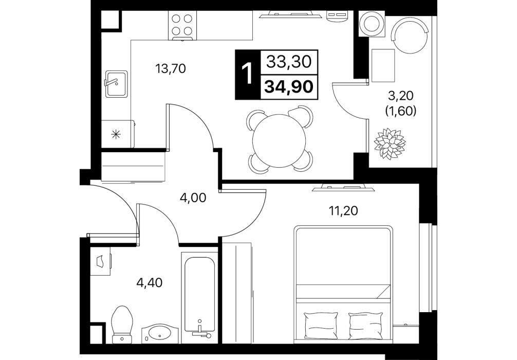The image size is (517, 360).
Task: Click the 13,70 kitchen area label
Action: coord(171,69)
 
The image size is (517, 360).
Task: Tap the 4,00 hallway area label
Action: coord(193,197)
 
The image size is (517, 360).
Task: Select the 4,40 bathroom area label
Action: coord(150,282)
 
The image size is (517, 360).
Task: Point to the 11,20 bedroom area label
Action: coord(344,210)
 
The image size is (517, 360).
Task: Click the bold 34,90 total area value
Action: coord(289,87)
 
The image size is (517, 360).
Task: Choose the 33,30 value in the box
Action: coord(289,62)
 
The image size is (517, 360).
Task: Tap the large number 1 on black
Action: coord(247,74)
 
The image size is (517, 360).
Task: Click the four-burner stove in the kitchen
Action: coord(182,25)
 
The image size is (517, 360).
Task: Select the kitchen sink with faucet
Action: coord(116,84)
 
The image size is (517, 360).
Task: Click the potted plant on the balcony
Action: coord(390,144)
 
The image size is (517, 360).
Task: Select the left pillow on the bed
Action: coord(321,326)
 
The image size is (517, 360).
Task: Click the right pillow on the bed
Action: coord(366,326)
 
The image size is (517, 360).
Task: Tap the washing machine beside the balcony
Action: coord(371,24)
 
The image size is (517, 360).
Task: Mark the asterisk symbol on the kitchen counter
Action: coord(116,134)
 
